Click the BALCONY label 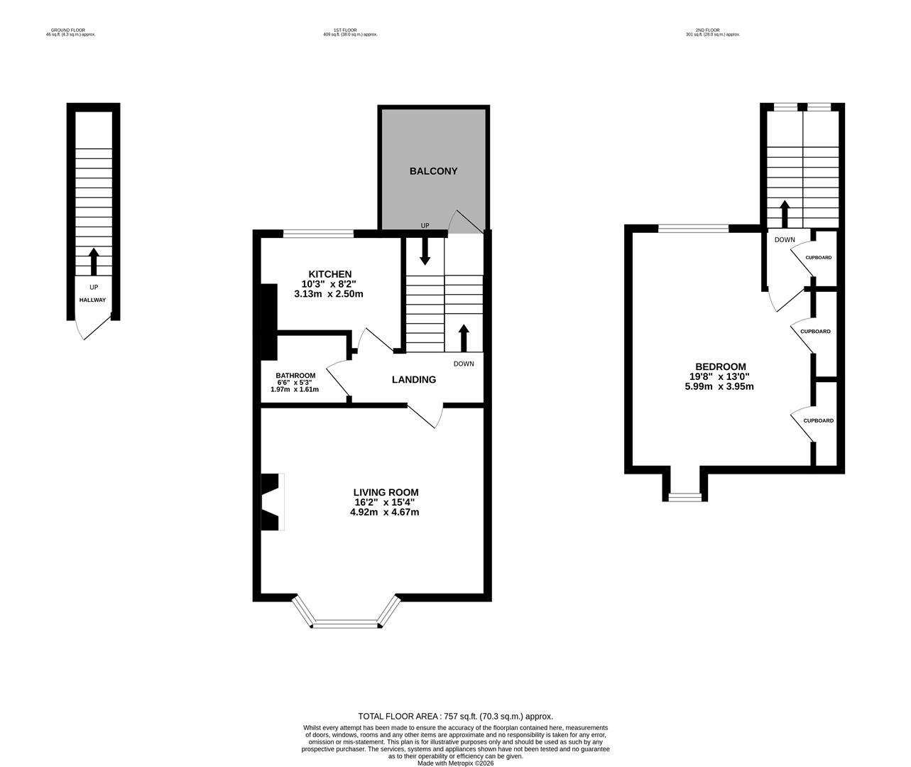pos(433,171)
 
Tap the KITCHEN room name pos(329,274)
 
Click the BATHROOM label pos(295,376)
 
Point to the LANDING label pos(414,380)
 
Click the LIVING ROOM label pos(386,492)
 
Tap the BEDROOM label pos(720,366)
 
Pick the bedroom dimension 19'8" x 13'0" pos(720,376)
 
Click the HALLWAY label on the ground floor pos(92,300)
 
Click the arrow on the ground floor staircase pos(93,261)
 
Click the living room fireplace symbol pos(272,501)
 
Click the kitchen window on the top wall pos(318,233)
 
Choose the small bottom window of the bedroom pos(685,497)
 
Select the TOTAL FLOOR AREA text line pos(455,717)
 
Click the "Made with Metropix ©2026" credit pos(455,763)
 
